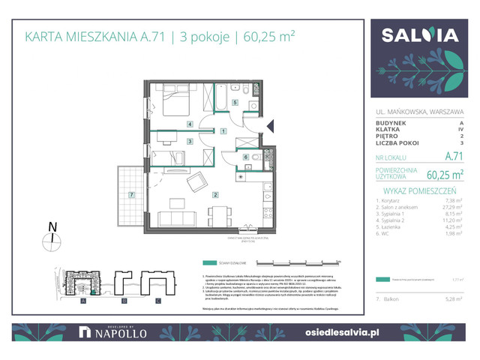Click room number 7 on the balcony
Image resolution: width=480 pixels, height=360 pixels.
(131, 196)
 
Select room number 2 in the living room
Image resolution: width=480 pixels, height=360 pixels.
(215, 196)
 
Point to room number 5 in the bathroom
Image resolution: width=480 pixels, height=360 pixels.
(235, 103)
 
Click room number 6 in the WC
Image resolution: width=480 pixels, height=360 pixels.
(246, 157)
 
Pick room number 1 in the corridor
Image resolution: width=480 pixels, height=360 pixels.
(223, 131)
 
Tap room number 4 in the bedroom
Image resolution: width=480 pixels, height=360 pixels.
(190, 124)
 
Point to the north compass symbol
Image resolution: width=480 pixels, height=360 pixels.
(52, 240)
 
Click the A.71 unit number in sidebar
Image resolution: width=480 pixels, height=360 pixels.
(453, 157)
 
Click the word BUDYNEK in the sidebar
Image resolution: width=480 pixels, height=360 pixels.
(392, 122)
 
